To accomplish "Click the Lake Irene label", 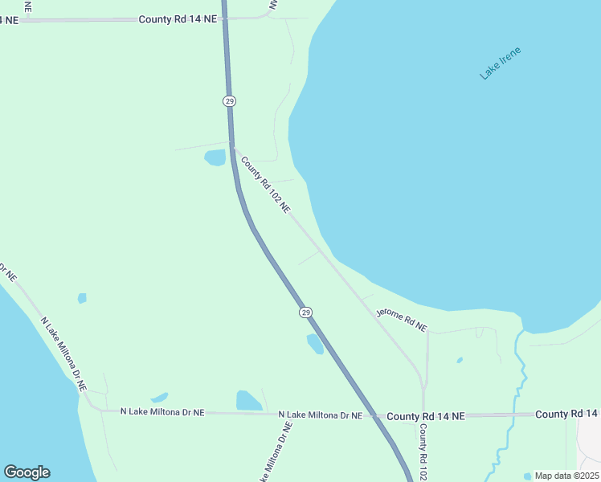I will (x=501, y=63).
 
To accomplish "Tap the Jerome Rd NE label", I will (x=402, y=320).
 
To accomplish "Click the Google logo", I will (x=27, y=472).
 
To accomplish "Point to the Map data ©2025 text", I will (x=566, y=476).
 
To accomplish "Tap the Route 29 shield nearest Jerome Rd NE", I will (x=305, y=312).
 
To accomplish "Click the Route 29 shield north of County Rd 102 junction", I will (x=230, y=100).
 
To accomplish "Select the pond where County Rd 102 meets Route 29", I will (x=215, y=157).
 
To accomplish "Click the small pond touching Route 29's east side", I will (x=315, y=344).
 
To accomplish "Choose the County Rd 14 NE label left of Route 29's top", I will (x=178, y=18).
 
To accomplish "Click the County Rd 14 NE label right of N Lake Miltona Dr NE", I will (x=425, y=416).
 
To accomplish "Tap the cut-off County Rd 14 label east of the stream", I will (x=567, y=414).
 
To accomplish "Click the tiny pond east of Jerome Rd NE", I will (x=460, y=360).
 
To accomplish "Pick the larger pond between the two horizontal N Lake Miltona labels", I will (x=248, y=400).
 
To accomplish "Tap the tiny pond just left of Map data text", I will (x=527, y=476).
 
